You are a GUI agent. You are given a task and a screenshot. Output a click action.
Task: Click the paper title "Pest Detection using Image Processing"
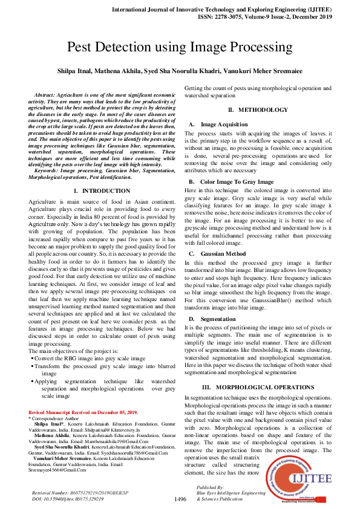pos(180,48)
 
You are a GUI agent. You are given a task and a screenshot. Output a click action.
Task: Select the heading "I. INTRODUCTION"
pos(105,190)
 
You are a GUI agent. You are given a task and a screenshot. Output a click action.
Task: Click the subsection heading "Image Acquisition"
pos(224,123)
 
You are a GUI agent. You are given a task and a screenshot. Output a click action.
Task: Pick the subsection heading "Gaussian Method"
pos(223,254)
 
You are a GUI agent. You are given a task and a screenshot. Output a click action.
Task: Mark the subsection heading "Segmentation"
pos(218,318)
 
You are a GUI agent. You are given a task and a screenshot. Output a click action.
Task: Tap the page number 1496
pos(180,499)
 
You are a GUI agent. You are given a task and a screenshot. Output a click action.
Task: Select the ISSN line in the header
pos(255,18)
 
